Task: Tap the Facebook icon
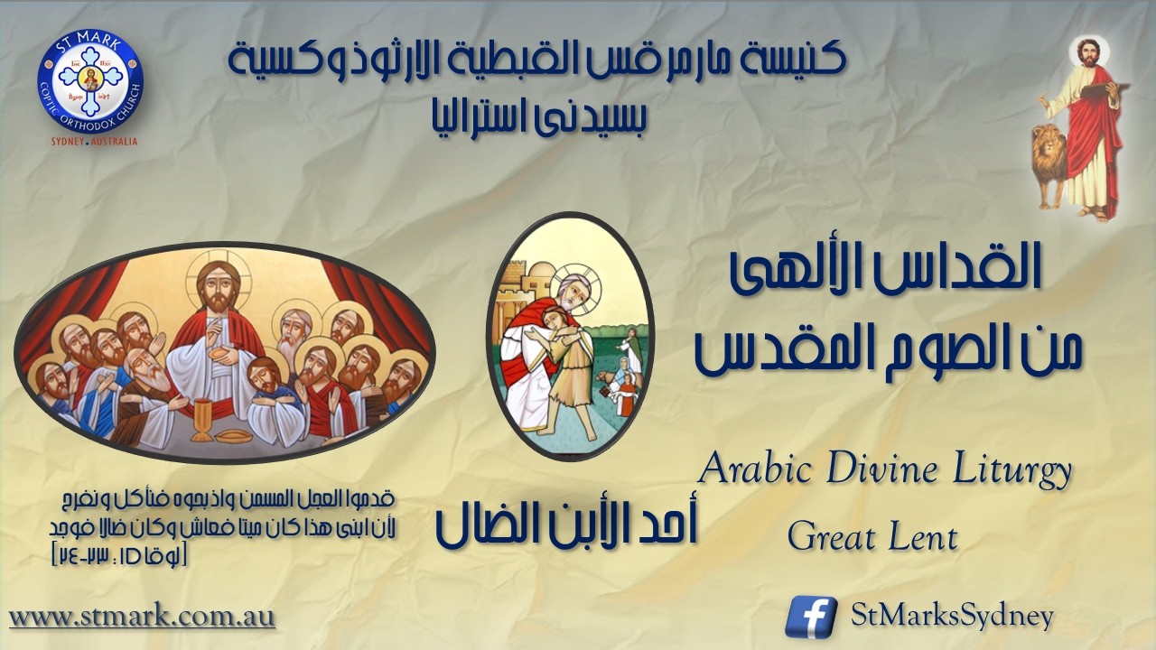tap(810, 617)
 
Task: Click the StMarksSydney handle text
tap(952, 617)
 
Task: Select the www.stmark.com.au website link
tap(142, 617)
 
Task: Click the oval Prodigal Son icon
tap(570, 335)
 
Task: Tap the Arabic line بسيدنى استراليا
tap(538, 114)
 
